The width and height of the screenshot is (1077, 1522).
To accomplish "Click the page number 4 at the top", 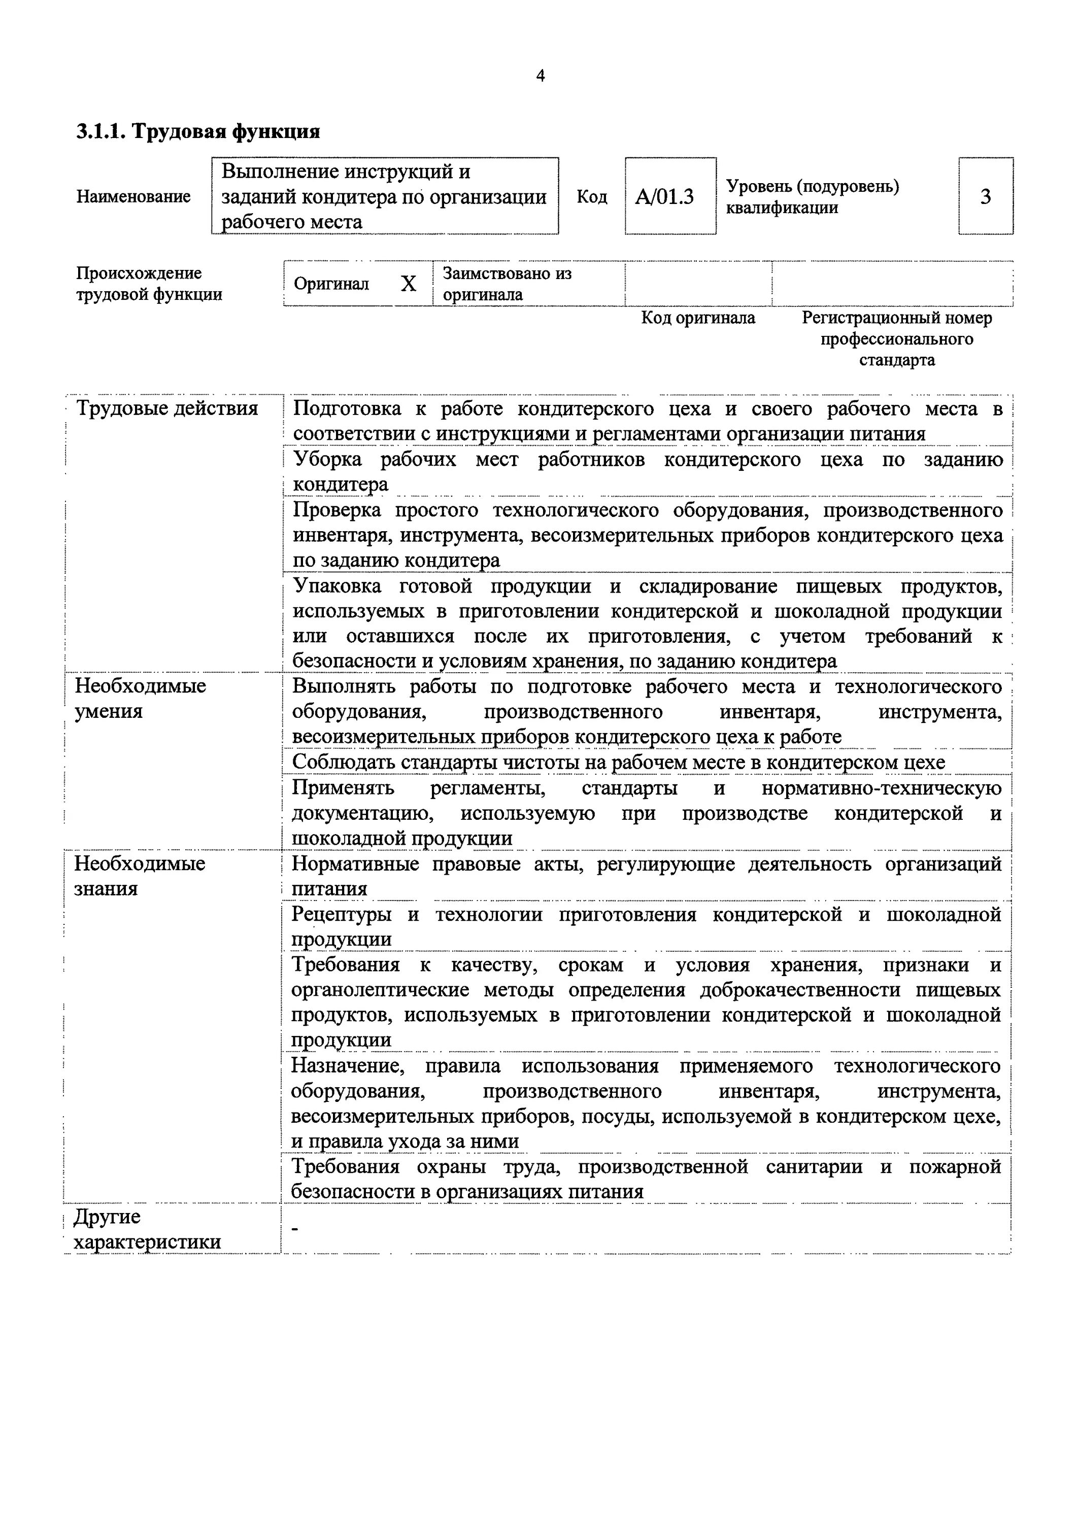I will coord(540,76).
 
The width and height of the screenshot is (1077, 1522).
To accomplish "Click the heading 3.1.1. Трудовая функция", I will coord(197,131).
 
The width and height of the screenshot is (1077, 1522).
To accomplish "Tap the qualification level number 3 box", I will coord(986,197).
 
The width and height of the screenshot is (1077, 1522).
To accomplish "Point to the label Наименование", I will coord(133,197).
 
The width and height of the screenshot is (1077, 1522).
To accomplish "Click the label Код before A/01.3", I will coord(592,197).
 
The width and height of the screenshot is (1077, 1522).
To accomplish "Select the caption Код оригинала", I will coord(698,318).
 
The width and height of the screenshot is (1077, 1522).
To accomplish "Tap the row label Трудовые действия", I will coord(167,408).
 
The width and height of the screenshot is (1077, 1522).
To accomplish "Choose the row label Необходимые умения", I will coord(140,699).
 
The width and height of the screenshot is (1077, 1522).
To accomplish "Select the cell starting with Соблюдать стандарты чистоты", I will coord(618,763).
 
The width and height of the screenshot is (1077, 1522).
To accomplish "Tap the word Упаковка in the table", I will coord(337,586).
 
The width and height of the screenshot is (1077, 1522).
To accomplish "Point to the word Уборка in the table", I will coord(327,459).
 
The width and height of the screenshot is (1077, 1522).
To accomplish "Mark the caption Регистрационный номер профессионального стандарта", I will coord(897,339).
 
